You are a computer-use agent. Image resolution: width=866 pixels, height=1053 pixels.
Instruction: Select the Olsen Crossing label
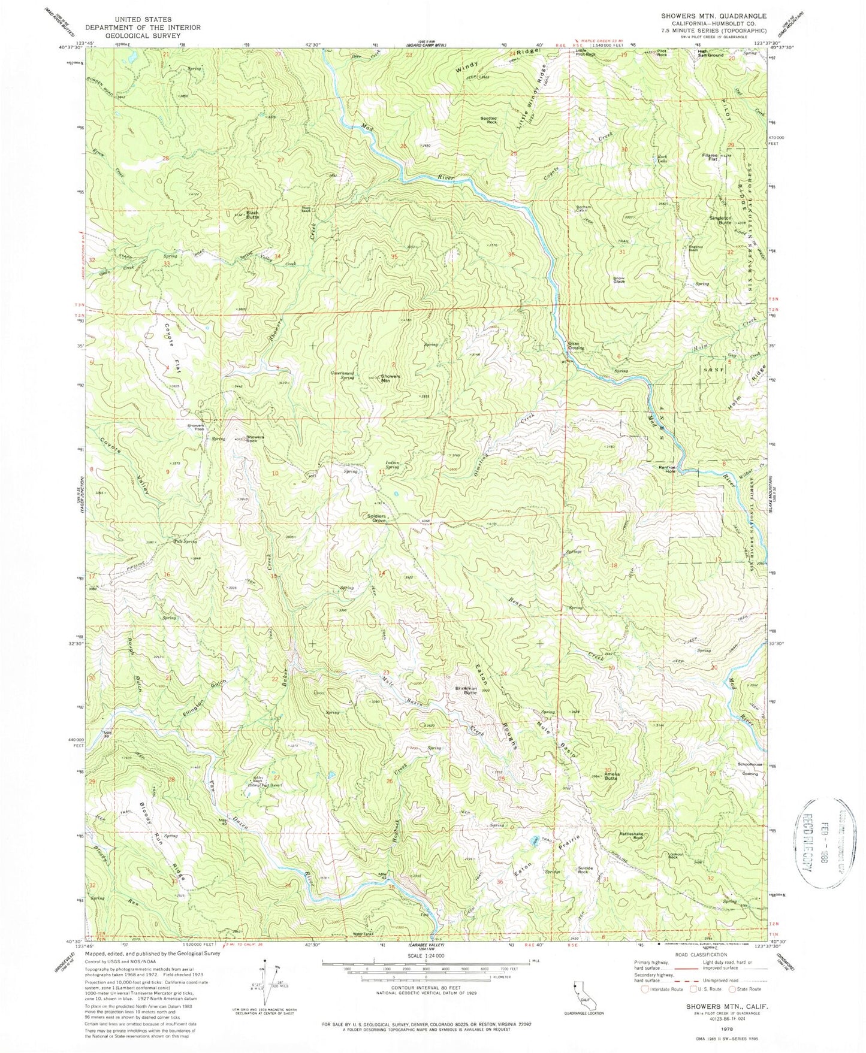(576, 346)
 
